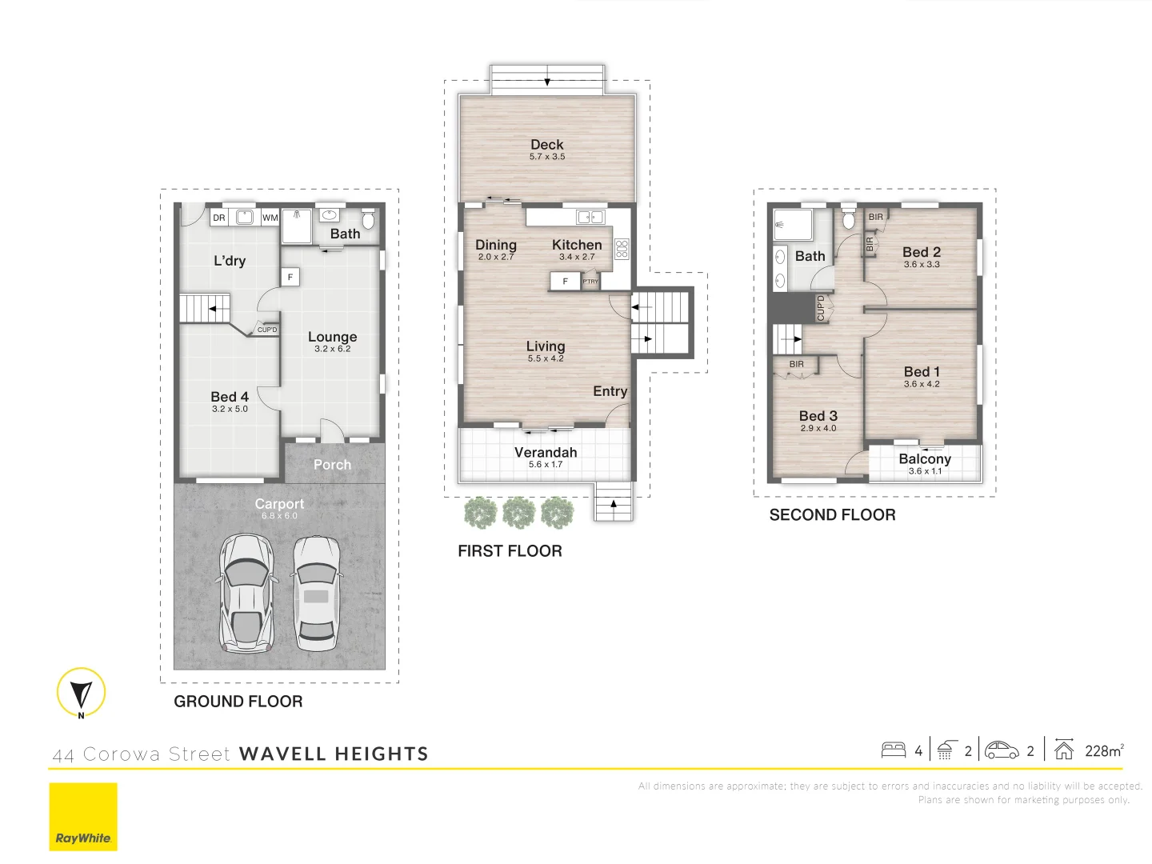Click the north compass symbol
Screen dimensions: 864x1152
pos(81,692)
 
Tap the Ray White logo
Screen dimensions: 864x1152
pos(83,817)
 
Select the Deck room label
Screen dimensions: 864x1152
pos(547,145)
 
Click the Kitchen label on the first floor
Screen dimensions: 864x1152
pos(577,245)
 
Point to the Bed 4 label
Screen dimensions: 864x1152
pos(230,397)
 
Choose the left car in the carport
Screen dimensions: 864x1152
pos(246,592)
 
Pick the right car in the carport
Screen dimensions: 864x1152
pos(316,592)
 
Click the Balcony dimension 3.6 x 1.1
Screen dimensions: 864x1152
pos(925,471)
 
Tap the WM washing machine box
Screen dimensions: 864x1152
pos(270,218)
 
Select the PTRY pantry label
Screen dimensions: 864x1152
pos(590,282)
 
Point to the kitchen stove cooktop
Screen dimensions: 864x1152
pos(622,249)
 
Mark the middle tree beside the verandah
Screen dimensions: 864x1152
pos(518,513)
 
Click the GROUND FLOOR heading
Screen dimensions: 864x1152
pos(238,702)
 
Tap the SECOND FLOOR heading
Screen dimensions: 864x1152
pos(832,515)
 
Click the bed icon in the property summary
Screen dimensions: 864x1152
pos(893,750)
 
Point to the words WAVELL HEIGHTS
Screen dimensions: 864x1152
pos(334,754)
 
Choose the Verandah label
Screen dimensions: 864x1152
pos(546,452)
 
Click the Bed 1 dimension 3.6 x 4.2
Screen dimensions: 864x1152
pos(922,384)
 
